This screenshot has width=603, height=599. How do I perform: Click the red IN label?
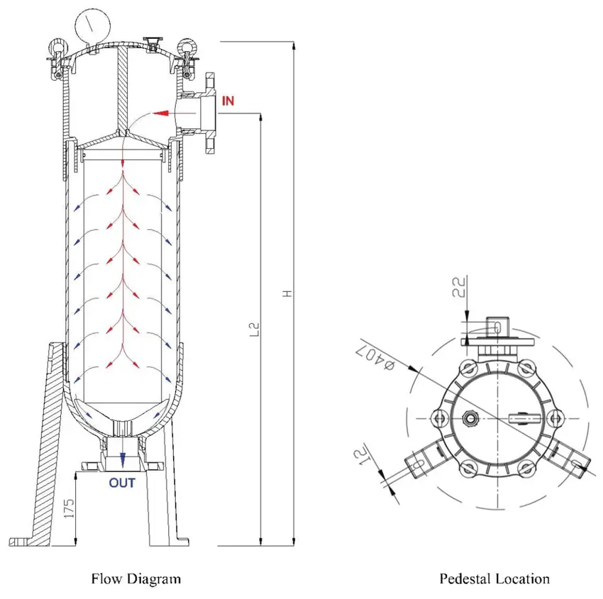click(x=228, y=100)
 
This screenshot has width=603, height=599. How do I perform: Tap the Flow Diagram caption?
click(x=135, y=578)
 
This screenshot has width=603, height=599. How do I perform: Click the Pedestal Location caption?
click(x=494, y=578)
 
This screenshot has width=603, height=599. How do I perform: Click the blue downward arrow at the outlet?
click(x=123, y=459)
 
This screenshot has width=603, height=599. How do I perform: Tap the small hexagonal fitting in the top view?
click(x=470, y=418)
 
